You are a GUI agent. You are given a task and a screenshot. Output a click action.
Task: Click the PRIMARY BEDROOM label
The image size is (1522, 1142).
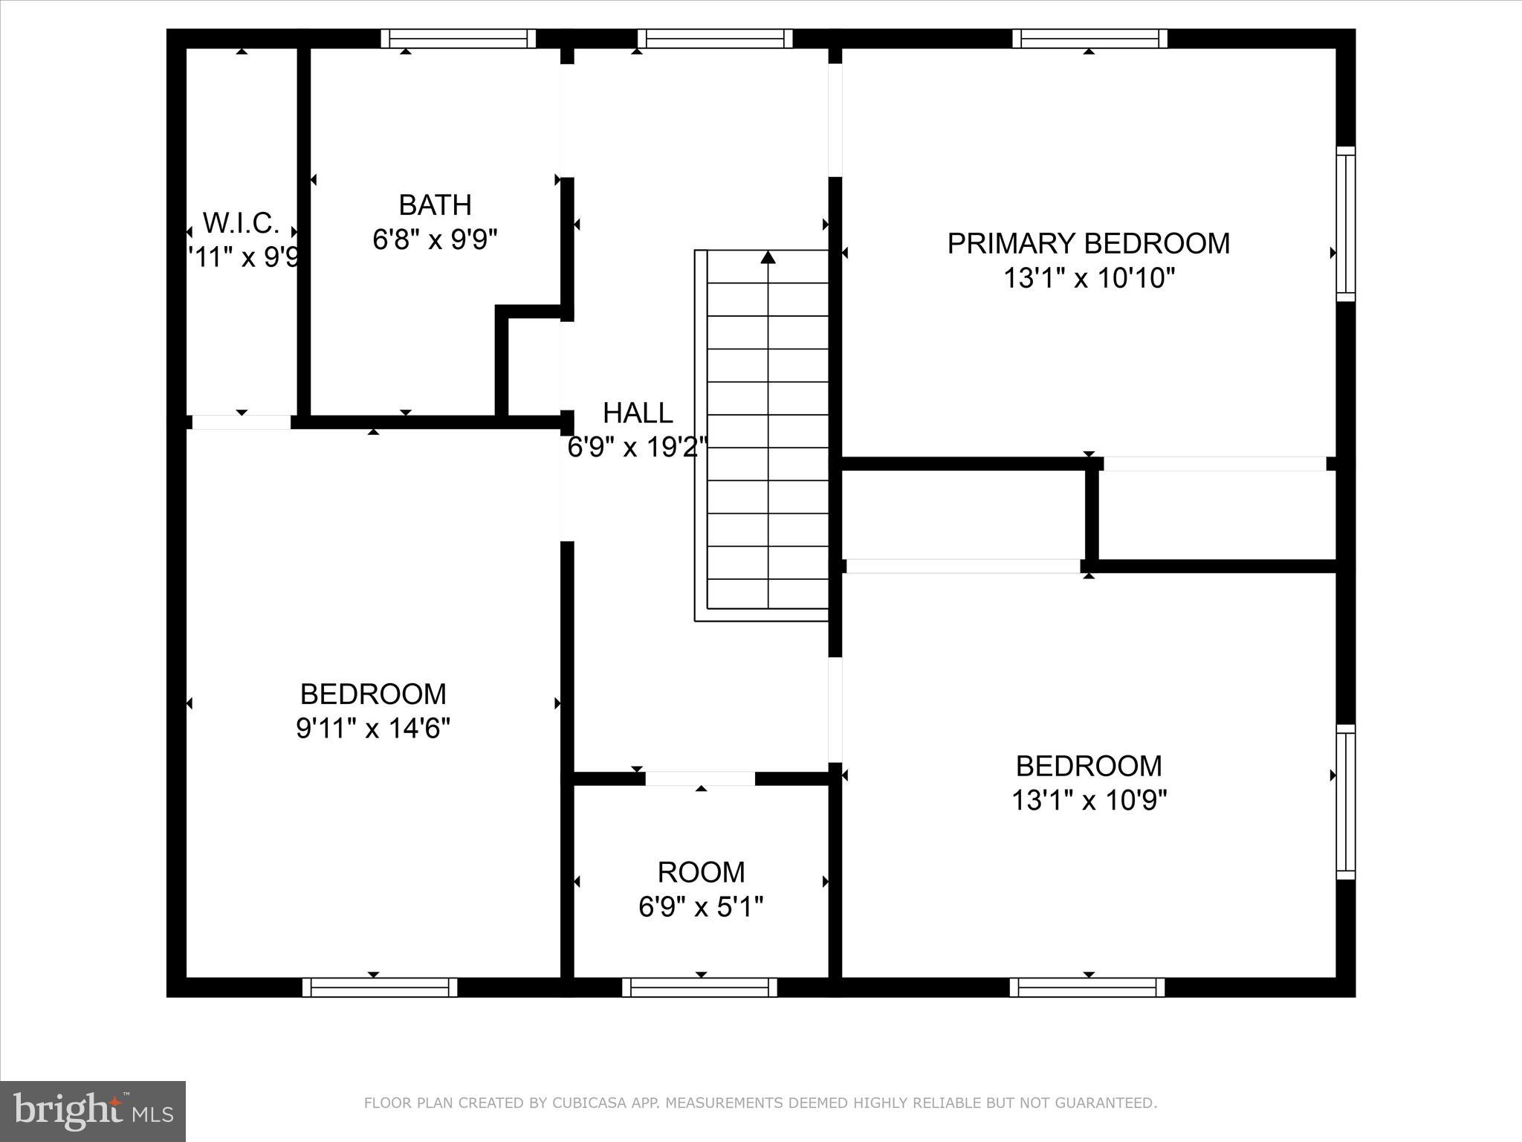click(x=1088, y=244)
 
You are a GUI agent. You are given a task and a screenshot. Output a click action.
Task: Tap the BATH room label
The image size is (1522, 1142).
click(x=435, y=204)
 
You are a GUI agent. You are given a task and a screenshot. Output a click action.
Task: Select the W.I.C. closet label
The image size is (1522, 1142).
click(x=241, y=222)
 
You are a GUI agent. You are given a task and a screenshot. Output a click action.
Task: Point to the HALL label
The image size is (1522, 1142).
click(x=638, y=413)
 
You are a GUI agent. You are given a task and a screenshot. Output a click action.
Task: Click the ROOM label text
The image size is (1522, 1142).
click(x=701, y=871)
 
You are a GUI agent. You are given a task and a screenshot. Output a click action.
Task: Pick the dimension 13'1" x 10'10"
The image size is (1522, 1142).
click(x=1089, y=279)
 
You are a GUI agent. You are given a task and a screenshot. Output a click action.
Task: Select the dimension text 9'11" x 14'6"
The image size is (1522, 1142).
click(x=373, y=729)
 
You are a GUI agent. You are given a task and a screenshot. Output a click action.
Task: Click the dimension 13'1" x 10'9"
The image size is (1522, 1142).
click(x=1089, y=801)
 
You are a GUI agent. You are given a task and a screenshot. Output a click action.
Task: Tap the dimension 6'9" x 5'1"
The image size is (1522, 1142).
click(x=701, y=907)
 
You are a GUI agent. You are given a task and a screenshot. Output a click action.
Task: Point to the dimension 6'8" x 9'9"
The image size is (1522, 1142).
click(x=435, y=239)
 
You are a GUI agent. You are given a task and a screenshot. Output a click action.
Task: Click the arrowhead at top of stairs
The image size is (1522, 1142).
click(x=768, y=257)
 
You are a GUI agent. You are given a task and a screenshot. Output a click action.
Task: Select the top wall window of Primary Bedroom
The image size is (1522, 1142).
click(x=1089, y=38)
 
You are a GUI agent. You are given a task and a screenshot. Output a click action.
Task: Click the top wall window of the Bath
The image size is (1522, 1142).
click(x=459, y=38)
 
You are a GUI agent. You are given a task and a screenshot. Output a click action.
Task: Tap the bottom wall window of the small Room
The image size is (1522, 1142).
click(x=699, y=987)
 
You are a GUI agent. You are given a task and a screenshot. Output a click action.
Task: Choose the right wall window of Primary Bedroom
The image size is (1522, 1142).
click(x=1346, y=224)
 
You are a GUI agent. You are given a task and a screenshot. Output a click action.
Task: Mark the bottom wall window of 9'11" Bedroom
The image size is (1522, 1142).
click(x=380, y=987)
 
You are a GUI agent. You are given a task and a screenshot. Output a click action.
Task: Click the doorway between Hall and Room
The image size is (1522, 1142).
click(x=700, y=778)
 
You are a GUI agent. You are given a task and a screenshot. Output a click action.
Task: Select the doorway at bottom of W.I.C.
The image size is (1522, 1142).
click(x=241, y=422)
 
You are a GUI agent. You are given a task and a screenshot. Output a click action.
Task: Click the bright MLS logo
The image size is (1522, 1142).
click(x=92, y=1111)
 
